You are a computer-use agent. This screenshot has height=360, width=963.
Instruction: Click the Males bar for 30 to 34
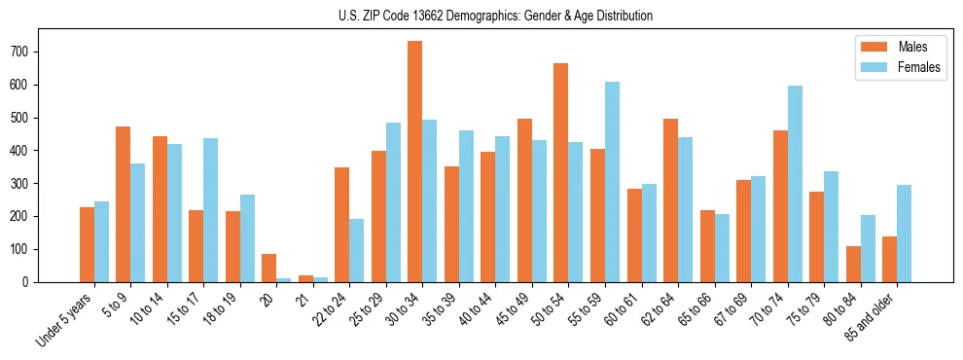(415, 162)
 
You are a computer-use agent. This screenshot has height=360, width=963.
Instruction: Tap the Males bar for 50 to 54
(561, 172)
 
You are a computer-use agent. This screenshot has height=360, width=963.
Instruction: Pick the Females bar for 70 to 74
(795, 184)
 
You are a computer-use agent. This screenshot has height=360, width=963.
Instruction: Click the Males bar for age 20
(269, 268)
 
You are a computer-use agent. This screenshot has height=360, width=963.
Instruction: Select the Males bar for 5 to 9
(124, 204)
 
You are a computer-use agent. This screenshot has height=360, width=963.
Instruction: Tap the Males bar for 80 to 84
(853, 264)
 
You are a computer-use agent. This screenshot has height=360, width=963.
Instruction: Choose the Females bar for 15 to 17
(211, 210)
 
